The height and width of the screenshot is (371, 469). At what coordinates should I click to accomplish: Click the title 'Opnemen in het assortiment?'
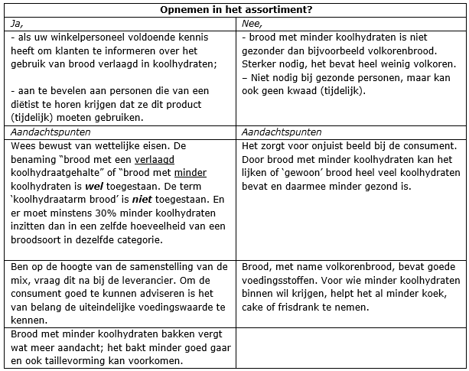(234, 10)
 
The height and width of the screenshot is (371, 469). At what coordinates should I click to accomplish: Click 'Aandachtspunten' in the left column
(44, 132)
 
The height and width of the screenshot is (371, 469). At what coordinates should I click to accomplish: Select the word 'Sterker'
(259, 63)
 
